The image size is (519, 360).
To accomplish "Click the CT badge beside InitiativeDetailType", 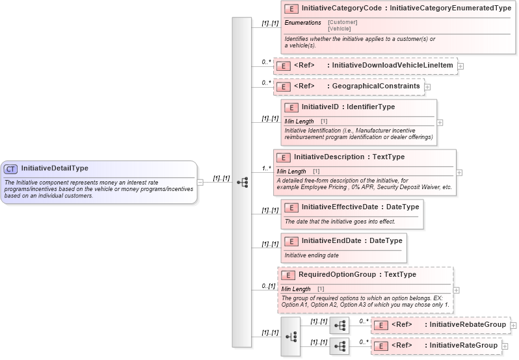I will [x=11, y=168].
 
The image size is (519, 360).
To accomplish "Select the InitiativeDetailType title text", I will [x=55, y=168].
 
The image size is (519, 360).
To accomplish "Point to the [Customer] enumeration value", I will [x=343, y=22].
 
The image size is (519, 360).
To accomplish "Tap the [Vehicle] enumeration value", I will [x=339, y=29].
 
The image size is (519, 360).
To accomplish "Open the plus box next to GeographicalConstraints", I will [x=427, y=86].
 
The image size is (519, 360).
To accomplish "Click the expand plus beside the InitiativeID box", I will [x=440, y=122].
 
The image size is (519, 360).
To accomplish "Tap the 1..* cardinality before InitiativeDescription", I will [x=266, y=168].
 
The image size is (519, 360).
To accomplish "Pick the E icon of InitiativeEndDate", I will [x=292, y=241].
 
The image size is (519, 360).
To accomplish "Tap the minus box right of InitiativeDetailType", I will [x=200, y=183].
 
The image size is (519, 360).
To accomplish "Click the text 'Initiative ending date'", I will [x=312, y=255].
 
